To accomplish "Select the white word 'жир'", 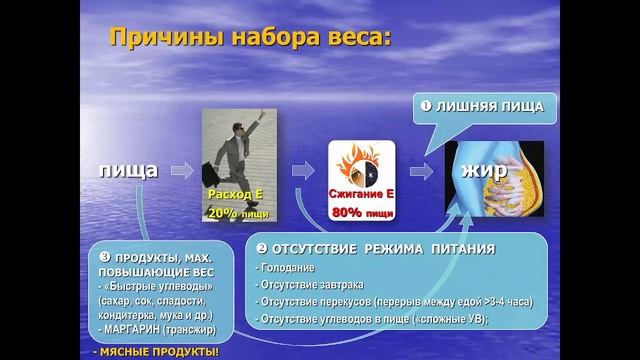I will (485, 170).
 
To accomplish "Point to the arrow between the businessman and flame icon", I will (299, 170).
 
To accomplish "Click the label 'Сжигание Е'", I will (360, 192).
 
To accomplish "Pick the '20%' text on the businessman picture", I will (223, 213).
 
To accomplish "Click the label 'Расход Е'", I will (237, 194).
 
